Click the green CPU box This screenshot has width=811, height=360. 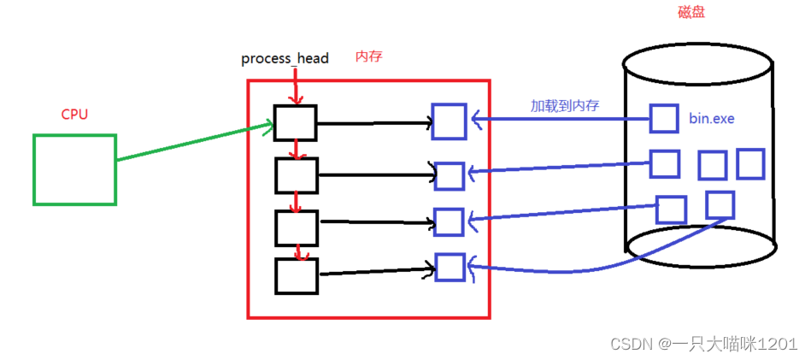74,169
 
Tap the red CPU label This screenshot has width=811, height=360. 74,114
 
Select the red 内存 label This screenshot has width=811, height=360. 369,56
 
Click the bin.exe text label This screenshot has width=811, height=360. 711,118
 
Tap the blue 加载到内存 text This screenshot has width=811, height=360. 565,106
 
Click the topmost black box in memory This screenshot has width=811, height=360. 296,122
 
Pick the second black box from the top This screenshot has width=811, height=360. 296,174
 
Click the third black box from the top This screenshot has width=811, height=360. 296,227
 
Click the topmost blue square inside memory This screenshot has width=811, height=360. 449,121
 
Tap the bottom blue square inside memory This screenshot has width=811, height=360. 449,267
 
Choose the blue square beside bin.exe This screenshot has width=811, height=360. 664,118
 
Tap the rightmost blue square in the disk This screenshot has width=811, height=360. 750,163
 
